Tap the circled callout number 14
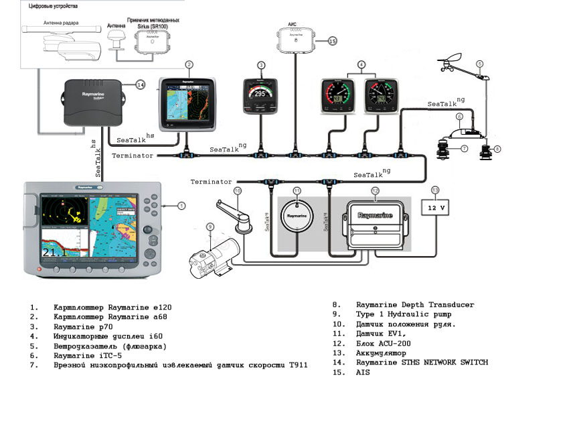click(140, 84)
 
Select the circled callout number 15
click(333, 41)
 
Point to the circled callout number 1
click(181, 206)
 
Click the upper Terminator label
click(133, 155)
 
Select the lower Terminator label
click(211, 182)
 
